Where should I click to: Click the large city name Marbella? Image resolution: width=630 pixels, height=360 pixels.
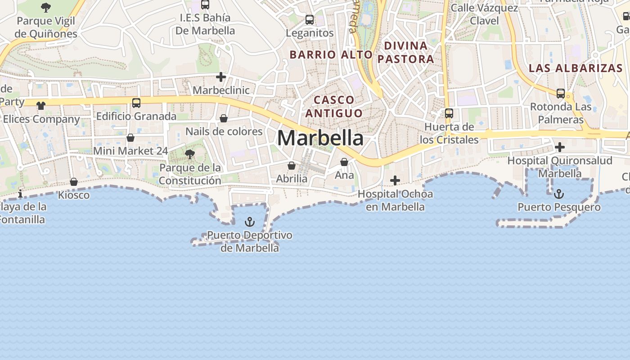[x=320, y=138]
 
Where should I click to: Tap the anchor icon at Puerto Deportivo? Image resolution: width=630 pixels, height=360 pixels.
[x=249, y=222]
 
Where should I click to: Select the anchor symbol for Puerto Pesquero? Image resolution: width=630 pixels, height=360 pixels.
[x=558, y=194]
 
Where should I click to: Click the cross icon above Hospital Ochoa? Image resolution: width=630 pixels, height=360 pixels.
[x=395, y=180]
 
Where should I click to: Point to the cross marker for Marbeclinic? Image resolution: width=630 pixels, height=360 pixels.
[x=220, y=77]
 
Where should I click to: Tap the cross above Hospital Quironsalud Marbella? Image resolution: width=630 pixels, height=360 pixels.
[x=560, y=147]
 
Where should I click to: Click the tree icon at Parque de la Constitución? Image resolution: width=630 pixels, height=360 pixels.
[x=190, y=154]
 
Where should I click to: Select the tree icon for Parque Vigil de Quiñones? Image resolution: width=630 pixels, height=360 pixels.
[x=45, y=7]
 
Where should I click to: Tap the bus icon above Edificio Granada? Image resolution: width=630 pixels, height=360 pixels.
[x=136, y=103]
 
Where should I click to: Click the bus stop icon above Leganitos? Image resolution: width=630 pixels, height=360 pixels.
[x=310, y=20]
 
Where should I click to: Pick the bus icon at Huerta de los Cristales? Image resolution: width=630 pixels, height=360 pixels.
[x=449, y=113]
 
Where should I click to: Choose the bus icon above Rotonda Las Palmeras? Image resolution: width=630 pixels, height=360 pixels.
[x=561, y=94]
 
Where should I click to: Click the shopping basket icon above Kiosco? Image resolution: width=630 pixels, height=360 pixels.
[x=74, y=182]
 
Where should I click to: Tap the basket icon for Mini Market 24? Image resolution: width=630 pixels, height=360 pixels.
[x=130, y=138]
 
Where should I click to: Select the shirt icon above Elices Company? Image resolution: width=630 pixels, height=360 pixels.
[x=41, y=106]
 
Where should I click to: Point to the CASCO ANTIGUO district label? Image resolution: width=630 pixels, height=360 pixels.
[x=334, y=106]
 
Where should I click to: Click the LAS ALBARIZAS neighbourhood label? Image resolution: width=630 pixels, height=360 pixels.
[x=576, y=68]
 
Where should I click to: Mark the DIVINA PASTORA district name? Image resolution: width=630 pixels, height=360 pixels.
[x=406, y=52]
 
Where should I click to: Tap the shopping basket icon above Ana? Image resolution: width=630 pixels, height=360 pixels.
[x=344, y=162]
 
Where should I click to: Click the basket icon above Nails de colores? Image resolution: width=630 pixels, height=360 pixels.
[x=224, y=118]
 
